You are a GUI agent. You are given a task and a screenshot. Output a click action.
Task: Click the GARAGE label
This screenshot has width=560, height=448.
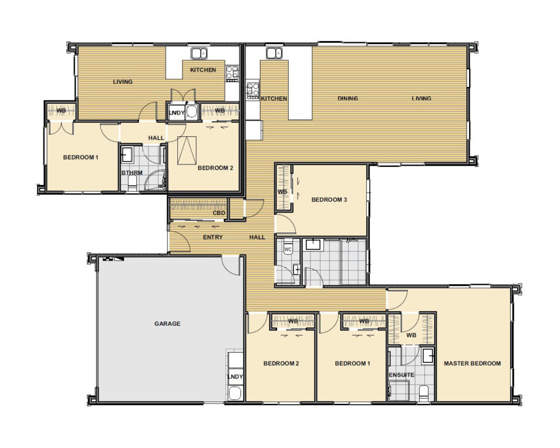pos(167,324)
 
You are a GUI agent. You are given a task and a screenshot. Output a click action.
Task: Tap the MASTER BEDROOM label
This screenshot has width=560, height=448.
pos(472,363)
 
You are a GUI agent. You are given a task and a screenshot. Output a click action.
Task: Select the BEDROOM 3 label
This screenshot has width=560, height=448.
pos(329,200)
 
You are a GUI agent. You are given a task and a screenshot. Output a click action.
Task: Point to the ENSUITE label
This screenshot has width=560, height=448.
pos(402,375)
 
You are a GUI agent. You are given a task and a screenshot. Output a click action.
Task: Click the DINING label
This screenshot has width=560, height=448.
pos(348,98)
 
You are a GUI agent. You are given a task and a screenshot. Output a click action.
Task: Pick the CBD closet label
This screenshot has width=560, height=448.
pos(219,213)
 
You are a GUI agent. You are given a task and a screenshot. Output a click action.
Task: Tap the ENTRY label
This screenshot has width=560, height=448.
pos(212,237)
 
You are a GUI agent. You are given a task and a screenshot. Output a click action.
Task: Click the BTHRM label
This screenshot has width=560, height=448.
pos(132,173)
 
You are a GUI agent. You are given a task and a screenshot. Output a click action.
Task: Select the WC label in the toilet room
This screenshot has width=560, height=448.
pos(288,249)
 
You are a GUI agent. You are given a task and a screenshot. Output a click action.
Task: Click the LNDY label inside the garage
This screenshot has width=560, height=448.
pos(235,376)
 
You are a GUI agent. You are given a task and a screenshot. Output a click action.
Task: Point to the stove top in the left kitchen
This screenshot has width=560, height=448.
pos(232,73)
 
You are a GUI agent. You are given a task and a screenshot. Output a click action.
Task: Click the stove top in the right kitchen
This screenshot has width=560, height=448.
pos(253,89)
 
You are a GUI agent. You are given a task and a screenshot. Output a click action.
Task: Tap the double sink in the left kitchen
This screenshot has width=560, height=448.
pos(200,53)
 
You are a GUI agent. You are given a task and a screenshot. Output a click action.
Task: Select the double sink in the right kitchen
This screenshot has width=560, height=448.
pos(274,53)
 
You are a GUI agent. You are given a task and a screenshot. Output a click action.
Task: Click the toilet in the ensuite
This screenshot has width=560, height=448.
pos(424,393)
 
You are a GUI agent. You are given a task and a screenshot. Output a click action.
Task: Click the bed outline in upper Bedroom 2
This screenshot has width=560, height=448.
pos(187,150)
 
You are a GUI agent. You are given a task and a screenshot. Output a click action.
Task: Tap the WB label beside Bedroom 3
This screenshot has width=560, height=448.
pos(282,192)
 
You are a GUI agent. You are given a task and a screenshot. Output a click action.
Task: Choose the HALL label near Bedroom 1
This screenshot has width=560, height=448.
pos(156,137)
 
